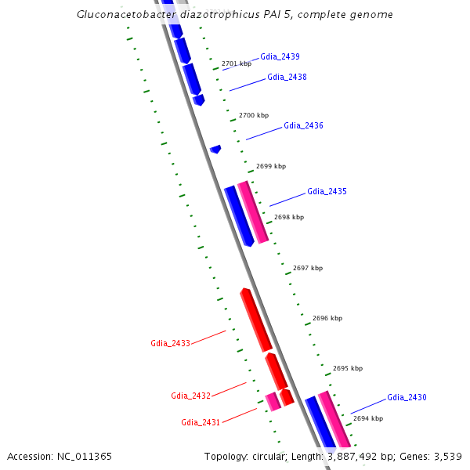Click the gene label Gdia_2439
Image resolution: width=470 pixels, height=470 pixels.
point(280,56)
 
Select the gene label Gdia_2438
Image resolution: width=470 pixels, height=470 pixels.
point(287,77)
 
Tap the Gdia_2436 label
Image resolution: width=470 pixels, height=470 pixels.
point(303,125)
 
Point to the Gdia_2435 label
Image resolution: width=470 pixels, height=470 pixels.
point(327,191)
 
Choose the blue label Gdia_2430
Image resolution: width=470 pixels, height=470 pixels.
point(407,397)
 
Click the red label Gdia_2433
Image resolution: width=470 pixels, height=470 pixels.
point(170,343)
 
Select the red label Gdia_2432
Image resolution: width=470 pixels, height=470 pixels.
point(190,396)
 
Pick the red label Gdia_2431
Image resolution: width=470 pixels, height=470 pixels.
point(201,422)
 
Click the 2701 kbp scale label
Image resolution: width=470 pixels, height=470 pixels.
point(237,63)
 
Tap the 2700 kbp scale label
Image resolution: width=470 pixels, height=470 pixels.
point(253,115)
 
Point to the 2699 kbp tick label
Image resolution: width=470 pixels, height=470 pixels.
point(271,166)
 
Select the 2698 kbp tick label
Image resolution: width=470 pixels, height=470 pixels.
point(289,217)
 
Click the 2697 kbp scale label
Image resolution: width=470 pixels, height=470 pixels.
point(307,268)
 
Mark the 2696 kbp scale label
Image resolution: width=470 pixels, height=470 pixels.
point(327,319)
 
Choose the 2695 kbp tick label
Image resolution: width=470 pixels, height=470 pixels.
point(348,368)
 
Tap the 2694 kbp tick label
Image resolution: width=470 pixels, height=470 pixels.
point(368,418)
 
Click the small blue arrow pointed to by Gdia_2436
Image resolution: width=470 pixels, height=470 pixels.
point(215,148)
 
